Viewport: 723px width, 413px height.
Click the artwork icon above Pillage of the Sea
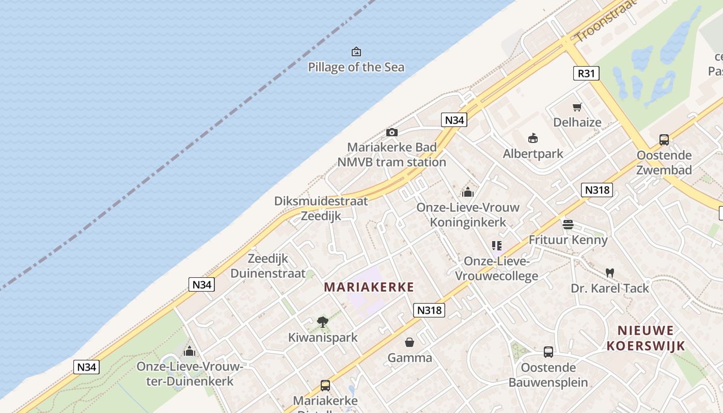356,52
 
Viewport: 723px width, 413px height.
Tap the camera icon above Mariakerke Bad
392,132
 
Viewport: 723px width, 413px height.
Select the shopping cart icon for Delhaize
577,107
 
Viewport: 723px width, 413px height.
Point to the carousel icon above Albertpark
533,138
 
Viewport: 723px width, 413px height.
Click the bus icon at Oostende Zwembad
664,139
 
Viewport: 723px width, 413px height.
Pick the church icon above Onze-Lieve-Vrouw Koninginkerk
468,192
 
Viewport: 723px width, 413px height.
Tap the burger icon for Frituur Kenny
568,225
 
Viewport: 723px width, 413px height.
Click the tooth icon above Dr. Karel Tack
609,273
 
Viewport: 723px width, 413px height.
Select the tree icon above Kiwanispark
323,322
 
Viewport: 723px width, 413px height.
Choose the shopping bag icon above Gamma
410,342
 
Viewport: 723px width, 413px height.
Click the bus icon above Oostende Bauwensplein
548,352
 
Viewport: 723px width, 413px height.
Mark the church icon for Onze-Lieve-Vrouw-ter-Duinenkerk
190,351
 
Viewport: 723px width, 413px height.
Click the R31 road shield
586,73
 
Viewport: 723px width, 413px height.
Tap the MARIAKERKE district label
369,288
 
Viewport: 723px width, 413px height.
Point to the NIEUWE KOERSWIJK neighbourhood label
646,338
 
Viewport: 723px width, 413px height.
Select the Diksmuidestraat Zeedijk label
321,209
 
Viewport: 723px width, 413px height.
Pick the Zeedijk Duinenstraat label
268,266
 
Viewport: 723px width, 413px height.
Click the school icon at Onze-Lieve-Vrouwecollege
496,246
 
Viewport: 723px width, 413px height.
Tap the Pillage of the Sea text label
356,67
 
